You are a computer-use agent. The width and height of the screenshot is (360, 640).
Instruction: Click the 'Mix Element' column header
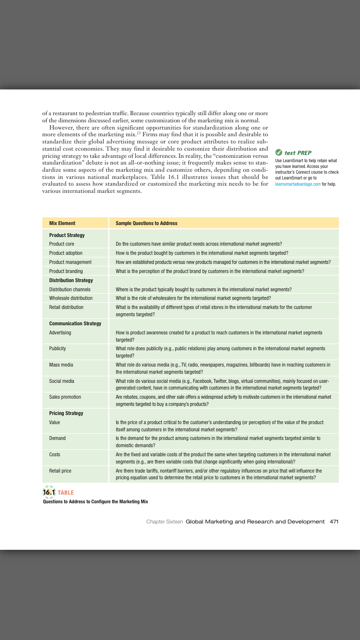pyautogui.click(x=62, y=223)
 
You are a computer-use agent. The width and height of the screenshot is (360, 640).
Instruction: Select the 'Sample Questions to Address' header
pyautogui.click(x=146, y=223)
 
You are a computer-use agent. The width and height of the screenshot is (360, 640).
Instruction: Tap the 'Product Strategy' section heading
pyautogui.click(x=67, y=235)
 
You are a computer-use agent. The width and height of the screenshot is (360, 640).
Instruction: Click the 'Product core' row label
pyautogui.click(x=61, y=244)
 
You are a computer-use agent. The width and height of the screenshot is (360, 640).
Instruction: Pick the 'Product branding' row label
pyautogui.click(x=66, y=271)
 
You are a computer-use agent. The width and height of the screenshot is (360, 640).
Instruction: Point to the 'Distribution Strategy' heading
pyautogui.click(x=71, y=280)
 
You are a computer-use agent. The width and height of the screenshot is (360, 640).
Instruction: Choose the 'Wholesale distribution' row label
pyautogui.click(x=71, y=298)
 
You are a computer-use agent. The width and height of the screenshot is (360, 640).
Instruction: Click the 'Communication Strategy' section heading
pyautogui.click(x=75, y=323)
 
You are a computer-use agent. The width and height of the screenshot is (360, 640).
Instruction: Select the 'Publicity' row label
pyautogui.click(x=58, y=348)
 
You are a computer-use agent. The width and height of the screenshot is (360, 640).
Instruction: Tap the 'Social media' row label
pyautogui.click(x=62, y=381)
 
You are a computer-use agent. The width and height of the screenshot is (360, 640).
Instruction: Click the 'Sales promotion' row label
pyautogui.click(x=65, y=397)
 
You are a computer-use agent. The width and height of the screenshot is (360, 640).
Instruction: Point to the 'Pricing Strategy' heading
pyautogui.click(x=66, y=413)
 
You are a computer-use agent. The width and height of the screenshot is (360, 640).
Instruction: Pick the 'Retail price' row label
pyautogui.click(x=60, y=471)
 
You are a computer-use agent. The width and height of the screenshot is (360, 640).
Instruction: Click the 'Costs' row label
pyautogui.click(x=55, y=454)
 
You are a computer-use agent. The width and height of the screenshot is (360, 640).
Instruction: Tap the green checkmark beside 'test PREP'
pyautogui.click(x=279, y=153)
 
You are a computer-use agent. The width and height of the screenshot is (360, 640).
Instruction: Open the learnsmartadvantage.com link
pyautogui.click(x=298, y=184)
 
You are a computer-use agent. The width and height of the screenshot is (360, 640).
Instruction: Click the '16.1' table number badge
pyautogui.click(x=49, y=492)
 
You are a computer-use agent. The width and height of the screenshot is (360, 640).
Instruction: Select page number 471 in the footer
pyautogui.click(x=334, y=521)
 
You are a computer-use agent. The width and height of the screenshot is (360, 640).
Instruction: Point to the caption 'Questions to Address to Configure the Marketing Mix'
pyautogui.click(x=95, y=501)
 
